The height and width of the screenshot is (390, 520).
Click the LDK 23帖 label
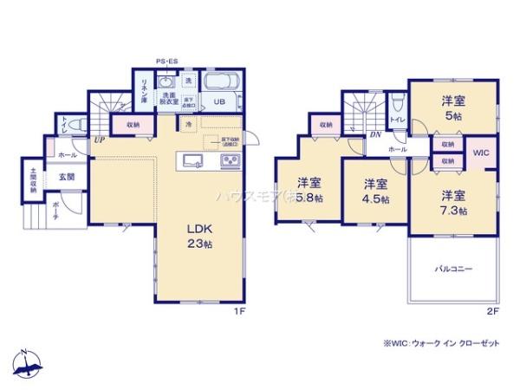(200, 236)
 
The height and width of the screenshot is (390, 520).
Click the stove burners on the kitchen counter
(230, 160)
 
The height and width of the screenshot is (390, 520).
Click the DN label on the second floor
(375, 134)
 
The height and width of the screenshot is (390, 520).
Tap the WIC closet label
(482, 153)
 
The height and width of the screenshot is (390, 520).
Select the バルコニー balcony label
(453, 270)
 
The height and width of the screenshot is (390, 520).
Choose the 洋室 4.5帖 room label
(374, 191)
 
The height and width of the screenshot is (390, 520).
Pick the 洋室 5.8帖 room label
(309, 191)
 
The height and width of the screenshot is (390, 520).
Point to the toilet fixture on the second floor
(397, 101)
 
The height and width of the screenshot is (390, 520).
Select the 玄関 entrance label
(66, 176)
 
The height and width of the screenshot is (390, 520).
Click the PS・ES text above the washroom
(167, 62)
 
